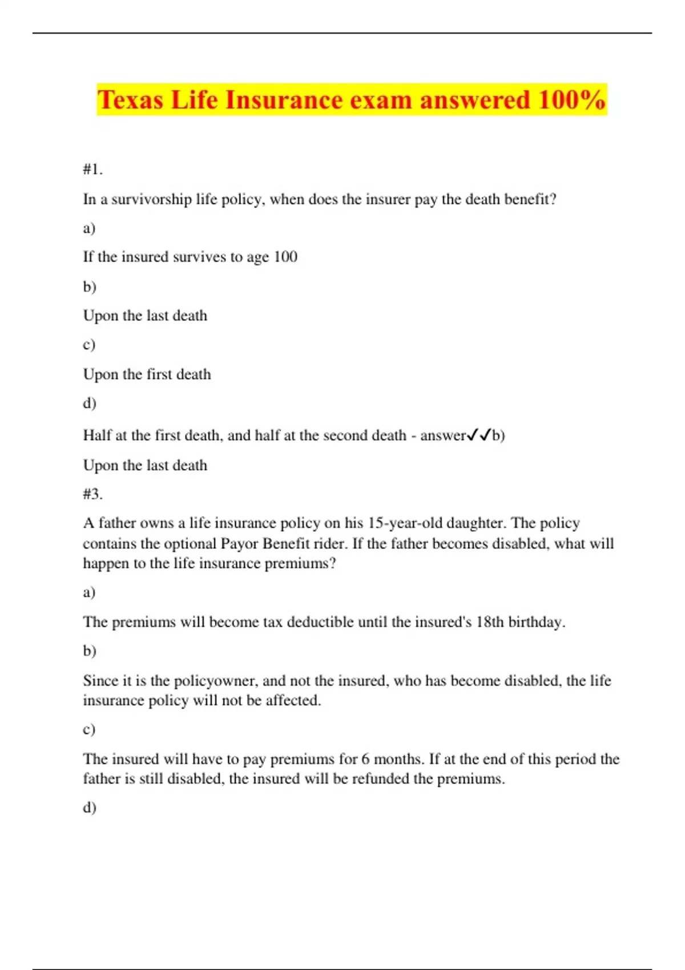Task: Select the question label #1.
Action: [x=92, y=169]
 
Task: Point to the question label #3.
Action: [x=92, y=494]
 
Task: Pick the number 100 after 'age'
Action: [x=285, y=257]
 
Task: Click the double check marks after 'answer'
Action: [x=479, y=436]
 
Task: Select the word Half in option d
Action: [x=97, y=435]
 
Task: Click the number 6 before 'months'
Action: [x=365, y=759]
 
